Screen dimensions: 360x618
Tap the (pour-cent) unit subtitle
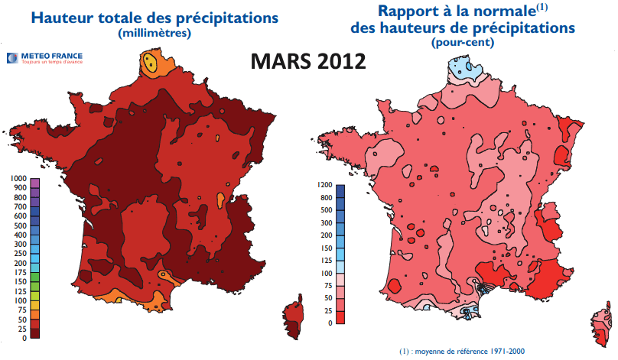tap(463, 43)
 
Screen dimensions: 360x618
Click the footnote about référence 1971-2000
tap(463, 351)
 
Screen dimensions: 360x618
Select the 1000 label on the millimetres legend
tap(18, 178)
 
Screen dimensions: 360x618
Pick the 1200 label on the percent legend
tap(324, 185)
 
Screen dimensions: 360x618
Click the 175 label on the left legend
tap(20, 272)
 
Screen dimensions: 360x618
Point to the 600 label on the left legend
tap(20, 216)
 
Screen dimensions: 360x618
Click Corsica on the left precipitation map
tap(292, 313)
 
